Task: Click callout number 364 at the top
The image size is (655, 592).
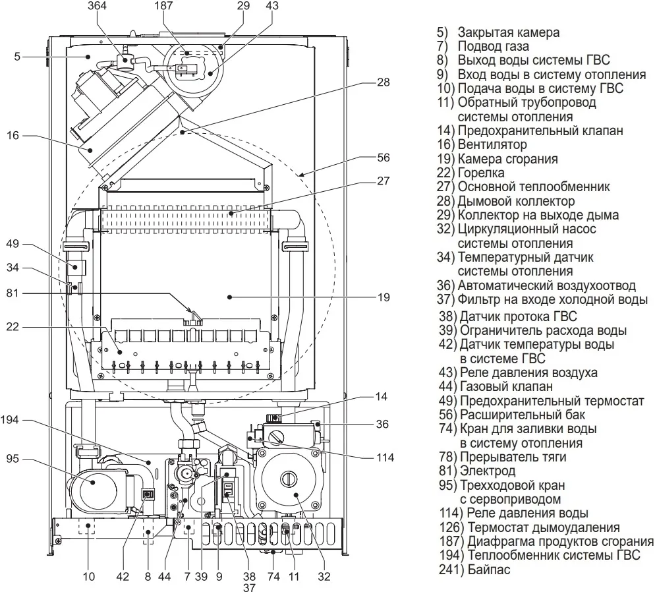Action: pos(97,6)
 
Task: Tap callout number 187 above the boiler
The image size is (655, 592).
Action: pos(163,6)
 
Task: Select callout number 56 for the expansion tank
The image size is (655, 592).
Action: pos(383,158)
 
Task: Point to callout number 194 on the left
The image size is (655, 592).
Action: pos(10,420)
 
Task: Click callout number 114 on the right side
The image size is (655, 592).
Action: pos(385,458)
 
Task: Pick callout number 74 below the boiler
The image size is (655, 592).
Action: pos(273,577)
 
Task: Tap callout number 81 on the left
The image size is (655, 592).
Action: pos(13,293)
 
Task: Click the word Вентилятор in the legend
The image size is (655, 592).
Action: pos(492,144)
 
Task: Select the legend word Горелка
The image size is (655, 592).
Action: pos(481,173)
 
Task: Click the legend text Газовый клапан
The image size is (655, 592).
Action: pos(506,386)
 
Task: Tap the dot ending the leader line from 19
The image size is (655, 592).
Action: pos(229,297)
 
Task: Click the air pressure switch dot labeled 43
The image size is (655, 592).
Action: pos(210,73)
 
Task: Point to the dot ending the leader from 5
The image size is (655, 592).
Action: pos(88,57)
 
